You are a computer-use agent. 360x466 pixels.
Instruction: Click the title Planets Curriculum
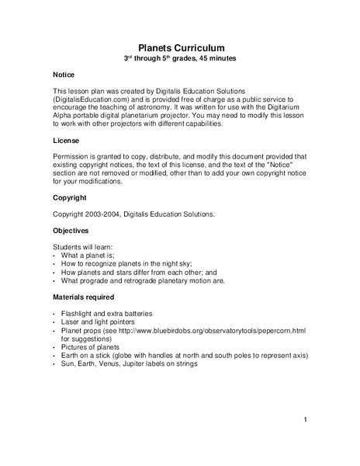(x=179, y=47)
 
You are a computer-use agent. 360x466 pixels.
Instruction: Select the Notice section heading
(x=64, y=75)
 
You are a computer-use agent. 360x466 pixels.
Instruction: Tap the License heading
(x=66, y=141)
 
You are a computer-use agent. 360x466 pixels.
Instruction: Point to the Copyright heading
(x=71, y=198)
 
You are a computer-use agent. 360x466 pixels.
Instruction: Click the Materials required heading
(x=84, y=297)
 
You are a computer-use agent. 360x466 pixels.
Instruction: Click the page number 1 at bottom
(x=306, y=420)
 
